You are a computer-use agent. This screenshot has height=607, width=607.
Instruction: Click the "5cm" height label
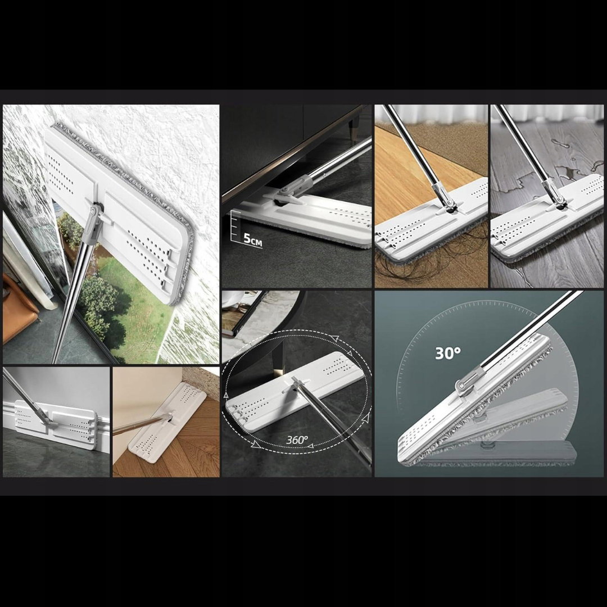tap(253, 239)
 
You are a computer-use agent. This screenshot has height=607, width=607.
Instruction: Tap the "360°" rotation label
tap(297, 440)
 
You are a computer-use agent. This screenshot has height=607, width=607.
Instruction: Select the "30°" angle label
tap(448, 353)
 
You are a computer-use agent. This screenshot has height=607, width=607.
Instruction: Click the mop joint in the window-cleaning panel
tap(95, 215)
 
